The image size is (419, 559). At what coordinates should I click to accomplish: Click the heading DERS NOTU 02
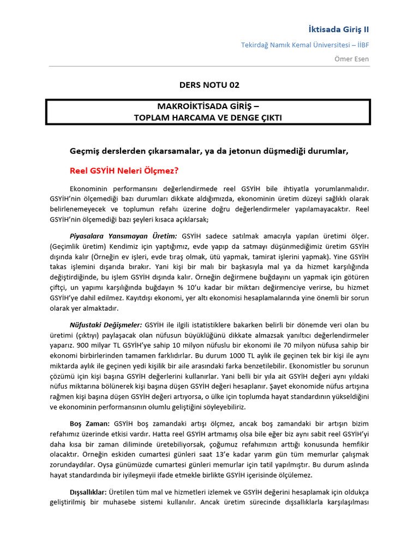[x=209, y=85]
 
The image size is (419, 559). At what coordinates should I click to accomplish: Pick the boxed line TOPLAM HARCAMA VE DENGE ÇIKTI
[x=209, y=117]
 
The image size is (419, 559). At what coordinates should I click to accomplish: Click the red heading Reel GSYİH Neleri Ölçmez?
[x=124, y=170]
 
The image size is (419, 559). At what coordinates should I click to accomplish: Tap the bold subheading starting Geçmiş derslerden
[x=208, y=151]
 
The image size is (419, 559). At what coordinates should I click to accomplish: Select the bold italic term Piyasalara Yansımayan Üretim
[x=123, y=236]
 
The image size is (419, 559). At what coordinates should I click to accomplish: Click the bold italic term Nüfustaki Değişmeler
[x=106, y=325]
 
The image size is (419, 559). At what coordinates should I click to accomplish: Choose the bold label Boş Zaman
[x=89, y=424]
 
